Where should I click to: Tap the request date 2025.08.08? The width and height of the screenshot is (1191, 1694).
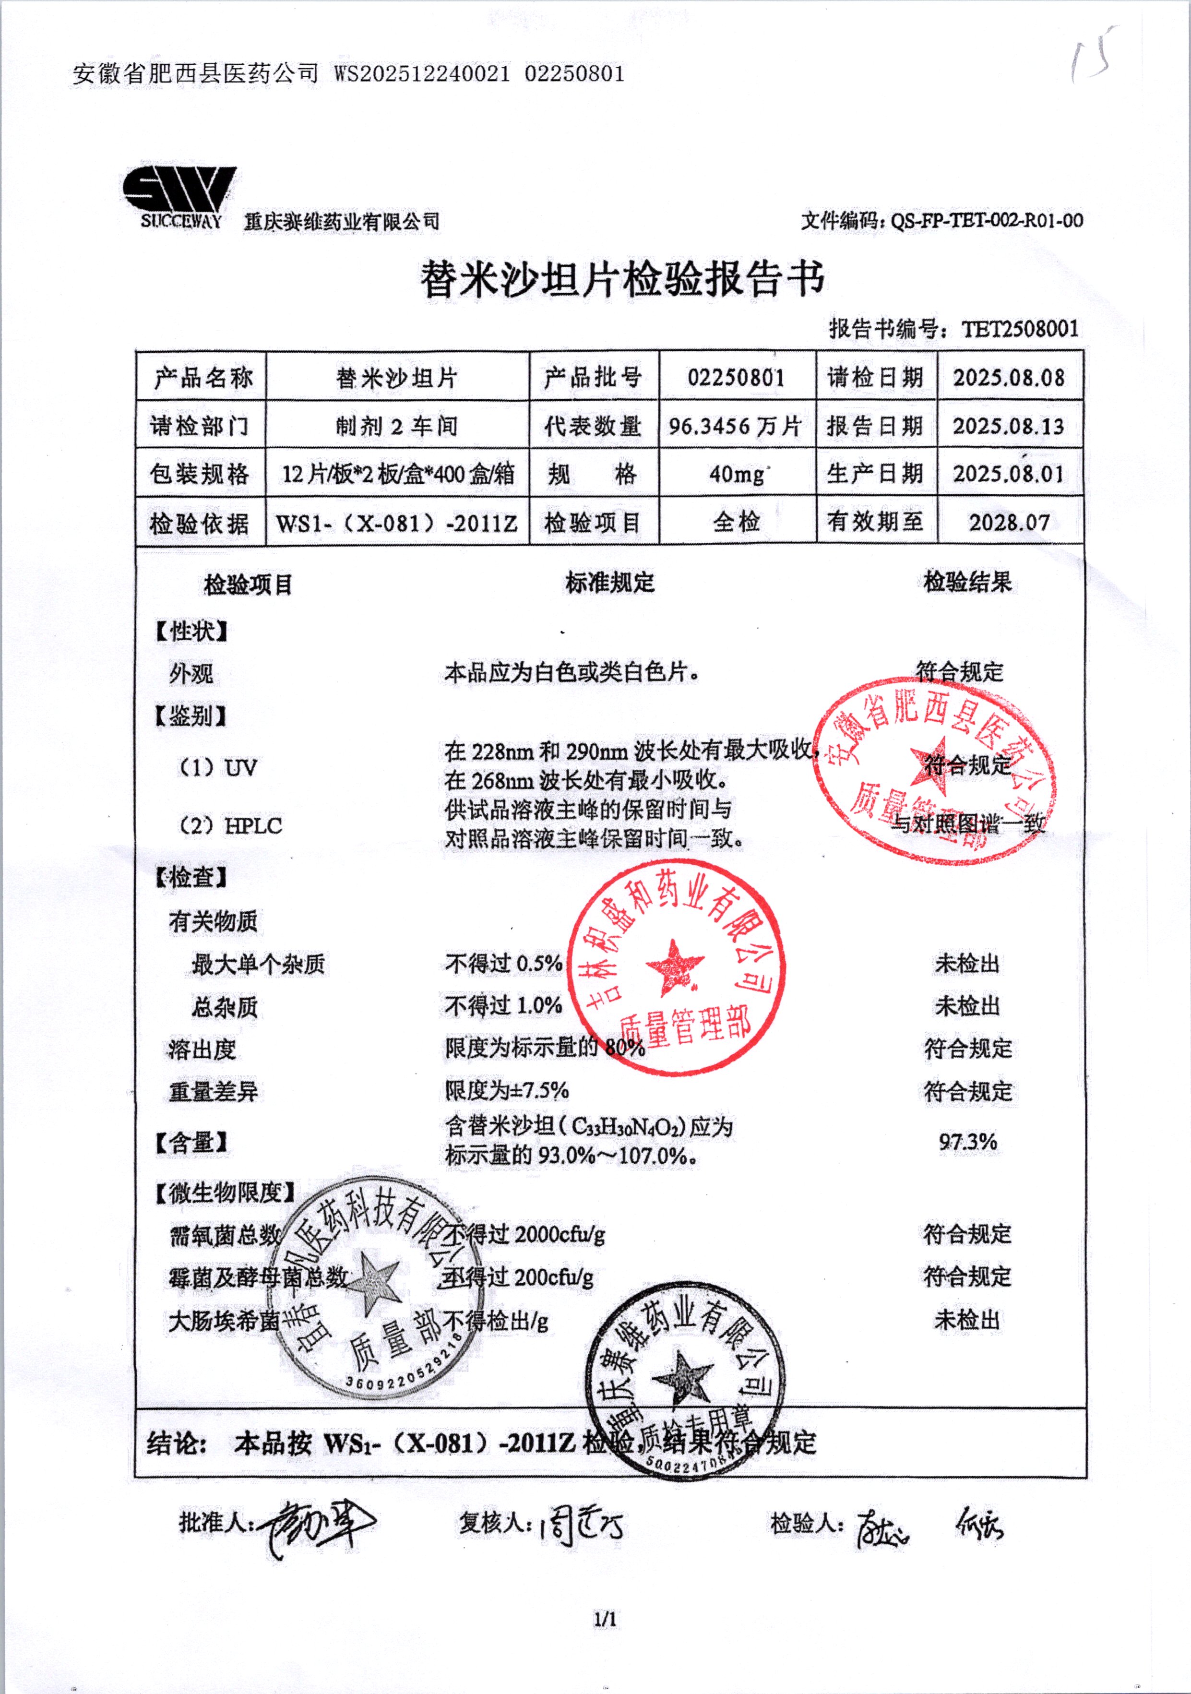point(1009,378)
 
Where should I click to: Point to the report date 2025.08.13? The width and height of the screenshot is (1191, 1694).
point(1009,426)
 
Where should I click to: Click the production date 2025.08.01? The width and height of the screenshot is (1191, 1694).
point(1009,474)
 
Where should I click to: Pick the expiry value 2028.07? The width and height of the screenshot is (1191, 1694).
point(1009,523)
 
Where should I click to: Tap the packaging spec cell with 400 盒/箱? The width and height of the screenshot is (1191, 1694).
point(398,474)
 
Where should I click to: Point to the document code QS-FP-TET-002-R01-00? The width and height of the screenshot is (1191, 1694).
point(987,220)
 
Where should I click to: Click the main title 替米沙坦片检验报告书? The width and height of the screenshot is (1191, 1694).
point(621,280)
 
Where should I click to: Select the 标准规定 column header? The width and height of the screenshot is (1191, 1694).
point(609,583)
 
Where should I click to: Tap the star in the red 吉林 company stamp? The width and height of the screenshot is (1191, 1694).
point(674,966)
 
